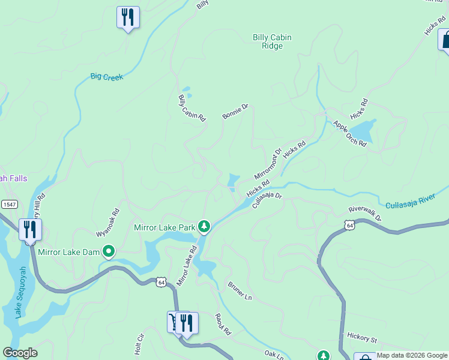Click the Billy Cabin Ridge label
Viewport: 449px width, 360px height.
click(272, 41)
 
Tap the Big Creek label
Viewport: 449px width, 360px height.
click(107, 77)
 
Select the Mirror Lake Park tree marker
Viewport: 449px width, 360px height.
click(205, 226)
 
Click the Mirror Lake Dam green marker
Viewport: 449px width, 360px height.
click(109, 251)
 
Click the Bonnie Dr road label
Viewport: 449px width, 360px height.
click(235, 112)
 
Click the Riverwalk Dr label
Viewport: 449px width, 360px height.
click(365, 214)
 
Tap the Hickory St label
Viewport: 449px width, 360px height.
click(361, 339)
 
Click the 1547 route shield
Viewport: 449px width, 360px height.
click(8, 204)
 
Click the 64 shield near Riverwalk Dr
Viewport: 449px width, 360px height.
click(350, 224)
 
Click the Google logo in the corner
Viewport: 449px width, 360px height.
click(20, 353)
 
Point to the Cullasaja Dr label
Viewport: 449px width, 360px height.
click(267, 197)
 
